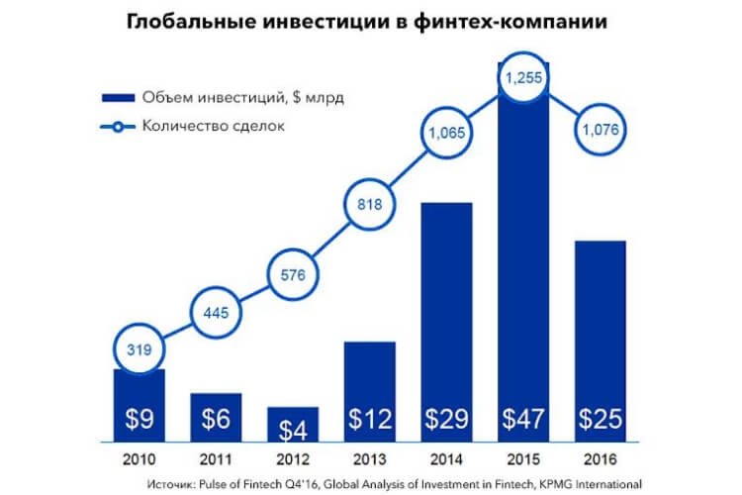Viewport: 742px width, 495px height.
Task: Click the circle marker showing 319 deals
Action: (x=139, y=348)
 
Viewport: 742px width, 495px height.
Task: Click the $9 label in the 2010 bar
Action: (x=139, y=418)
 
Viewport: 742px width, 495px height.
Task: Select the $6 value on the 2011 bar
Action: (x=217, y=418)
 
